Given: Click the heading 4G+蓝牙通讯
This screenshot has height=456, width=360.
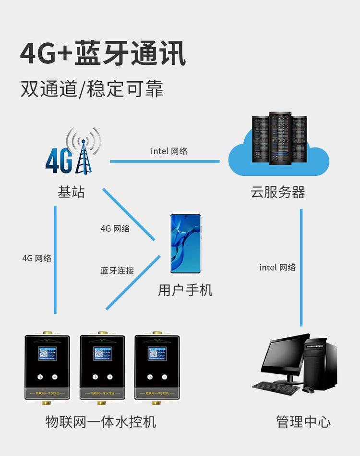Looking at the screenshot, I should pyautogui.click(x=103, y=54).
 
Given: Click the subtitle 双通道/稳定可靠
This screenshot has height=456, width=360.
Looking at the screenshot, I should pyautogui.click(x=92, y=89).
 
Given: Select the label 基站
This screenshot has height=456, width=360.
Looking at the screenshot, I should pyautogui.click(x=71, y=193).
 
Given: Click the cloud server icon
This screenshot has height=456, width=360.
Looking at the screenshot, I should pyautogui.click(x=279, y=144).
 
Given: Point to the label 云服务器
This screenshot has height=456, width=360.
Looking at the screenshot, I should pyautogui.click(x=278, y=193).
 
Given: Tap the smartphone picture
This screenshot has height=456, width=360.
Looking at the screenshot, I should pyautogui.click(x=185, y=244).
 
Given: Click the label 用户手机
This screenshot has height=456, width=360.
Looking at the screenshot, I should pyautogui.click(x=185, y=290).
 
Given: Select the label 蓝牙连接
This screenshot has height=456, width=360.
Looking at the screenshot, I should pyautogui.click(x=117, y=271).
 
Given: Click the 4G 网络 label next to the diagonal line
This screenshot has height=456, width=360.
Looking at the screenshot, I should pyautogui.click(x=115, y=229).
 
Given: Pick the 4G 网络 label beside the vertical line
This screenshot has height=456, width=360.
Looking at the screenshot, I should pyautogui.click(x=36, y=258).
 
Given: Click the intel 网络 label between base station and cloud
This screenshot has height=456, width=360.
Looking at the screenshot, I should pyautogui.click(x=169, y=151).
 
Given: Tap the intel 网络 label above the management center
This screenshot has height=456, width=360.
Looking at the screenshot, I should pyautogui.click(x=277, y=268).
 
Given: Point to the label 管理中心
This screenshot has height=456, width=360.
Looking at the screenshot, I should pyautogui.click(x=303, y=422).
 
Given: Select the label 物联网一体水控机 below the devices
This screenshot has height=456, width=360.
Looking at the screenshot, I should pyautogui.click(x=101, y=422).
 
